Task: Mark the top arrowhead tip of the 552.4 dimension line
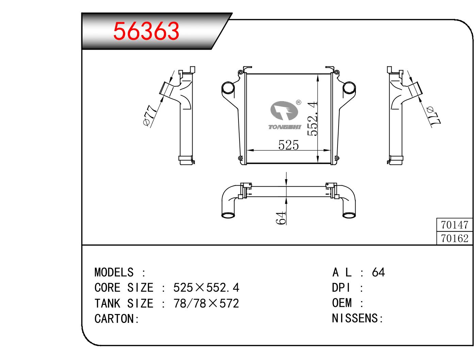[x=317, y=75]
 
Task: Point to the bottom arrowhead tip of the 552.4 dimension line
[x=317, y=162]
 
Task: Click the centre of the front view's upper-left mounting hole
[x=240, y=72]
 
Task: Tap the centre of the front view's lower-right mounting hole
[x=337, y=158]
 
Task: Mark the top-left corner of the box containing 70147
[x=437, y=218]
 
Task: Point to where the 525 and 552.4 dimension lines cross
[x=317, y=150]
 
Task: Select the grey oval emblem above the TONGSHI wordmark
[x=284, y=111]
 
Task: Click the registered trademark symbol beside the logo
[x=299, y=102]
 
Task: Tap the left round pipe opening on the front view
[x=228, y=88]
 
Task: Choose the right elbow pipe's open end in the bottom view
[x=349, y=215]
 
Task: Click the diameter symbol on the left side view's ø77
[x=147, y=122]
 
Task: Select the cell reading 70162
[x=455, y=238]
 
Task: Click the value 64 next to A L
[x=378, y=272]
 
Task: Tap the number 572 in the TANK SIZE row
[x=229, y=303]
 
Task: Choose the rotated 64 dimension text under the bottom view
[x=281, y=217]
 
